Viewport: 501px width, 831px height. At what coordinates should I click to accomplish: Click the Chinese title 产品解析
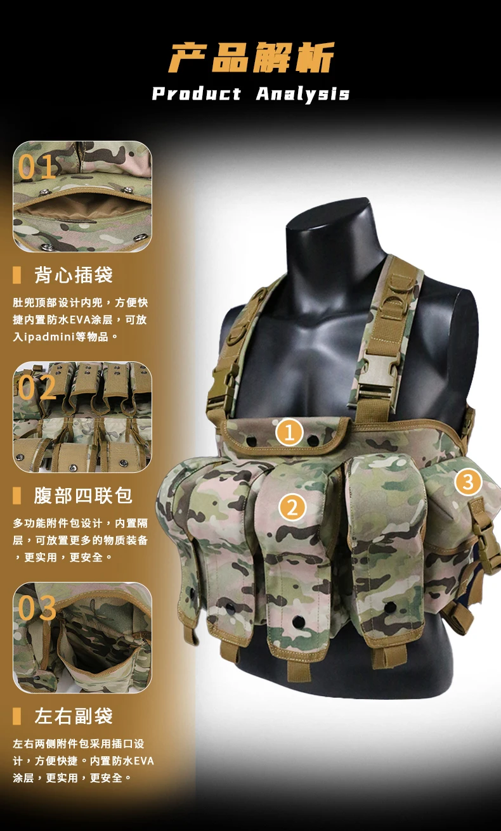click(x=252, y=58)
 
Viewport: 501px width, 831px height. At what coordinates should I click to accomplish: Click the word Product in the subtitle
click(x=197, y=93)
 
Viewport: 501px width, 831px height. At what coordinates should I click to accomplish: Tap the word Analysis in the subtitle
click(x=303, y=94)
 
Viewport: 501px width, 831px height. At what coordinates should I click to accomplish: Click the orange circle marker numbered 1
click(x=289, y=432)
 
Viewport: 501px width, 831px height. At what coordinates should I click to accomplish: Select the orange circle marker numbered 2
click(x=292, y=508)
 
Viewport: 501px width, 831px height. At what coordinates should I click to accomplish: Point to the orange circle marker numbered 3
click(x=468, y=482)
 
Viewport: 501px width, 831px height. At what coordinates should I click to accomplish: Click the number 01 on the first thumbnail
click(x=37, y=167)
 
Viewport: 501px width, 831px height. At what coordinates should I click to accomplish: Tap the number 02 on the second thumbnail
click(x=37, y=388)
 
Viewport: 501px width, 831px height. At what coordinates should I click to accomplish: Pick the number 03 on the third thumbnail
click(x=37, y=608)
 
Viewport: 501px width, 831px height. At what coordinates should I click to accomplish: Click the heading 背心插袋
click(x=74, y=275)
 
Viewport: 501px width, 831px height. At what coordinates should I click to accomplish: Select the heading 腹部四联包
click(x=83, y=496)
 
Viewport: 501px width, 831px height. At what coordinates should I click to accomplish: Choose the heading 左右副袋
click(x=74, y=716)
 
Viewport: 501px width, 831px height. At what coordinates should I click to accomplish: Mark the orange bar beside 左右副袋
click(x=16, y=716)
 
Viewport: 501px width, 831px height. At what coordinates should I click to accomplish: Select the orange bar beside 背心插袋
click(x=16, y=275)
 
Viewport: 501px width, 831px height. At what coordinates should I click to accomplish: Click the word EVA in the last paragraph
click(x=143, y=761)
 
